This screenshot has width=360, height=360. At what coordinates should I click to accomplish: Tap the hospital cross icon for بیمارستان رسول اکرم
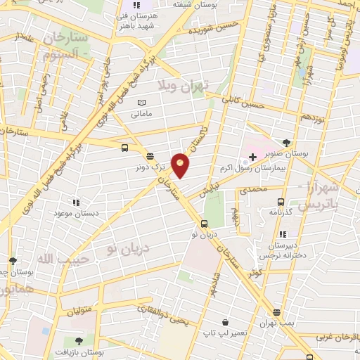[x=252, y=155]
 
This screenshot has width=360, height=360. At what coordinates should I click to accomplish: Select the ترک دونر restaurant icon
[x=149, y=156]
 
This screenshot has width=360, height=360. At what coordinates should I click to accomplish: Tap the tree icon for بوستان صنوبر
[x=285, y=143]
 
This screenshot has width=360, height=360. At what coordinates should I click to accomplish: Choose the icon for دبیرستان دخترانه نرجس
[x=282, y=234]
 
